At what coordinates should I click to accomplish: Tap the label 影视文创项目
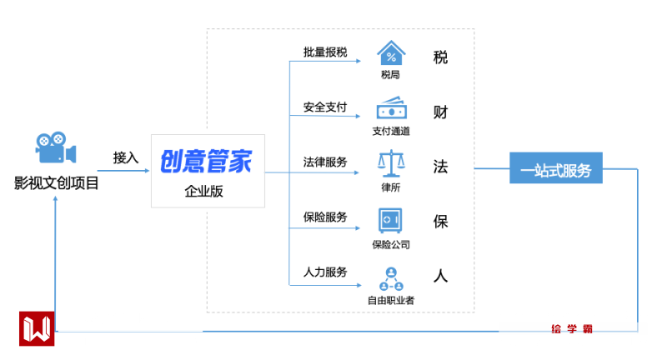click(56, 182)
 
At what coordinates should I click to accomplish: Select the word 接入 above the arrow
click(126, 157)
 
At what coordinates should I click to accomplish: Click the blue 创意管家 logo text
click(206, 161)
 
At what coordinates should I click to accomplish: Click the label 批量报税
click(325, 52)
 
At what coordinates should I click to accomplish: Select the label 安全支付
click(325, 107)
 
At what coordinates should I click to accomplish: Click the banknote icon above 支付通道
click(391, 109)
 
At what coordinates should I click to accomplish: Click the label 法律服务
click(325, 161)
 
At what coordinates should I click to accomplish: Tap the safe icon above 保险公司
click(391, 220)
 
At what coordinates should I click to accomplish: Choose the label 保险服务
click(325, 217)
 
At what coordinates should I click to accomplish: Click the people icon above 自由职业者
click(391, 277)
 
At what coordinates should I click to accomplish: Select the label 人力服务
click(325, 272)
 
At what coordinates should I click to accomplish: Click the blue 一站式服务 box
click(556, 171)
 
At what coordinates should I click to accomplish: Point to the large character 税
click(441, 57)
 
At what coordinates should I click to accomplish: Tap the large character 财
click(441, 112)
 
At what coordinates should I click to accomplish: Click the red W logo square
click(36, 328)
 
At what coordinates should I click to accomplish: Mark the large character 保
click(441, 222)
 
